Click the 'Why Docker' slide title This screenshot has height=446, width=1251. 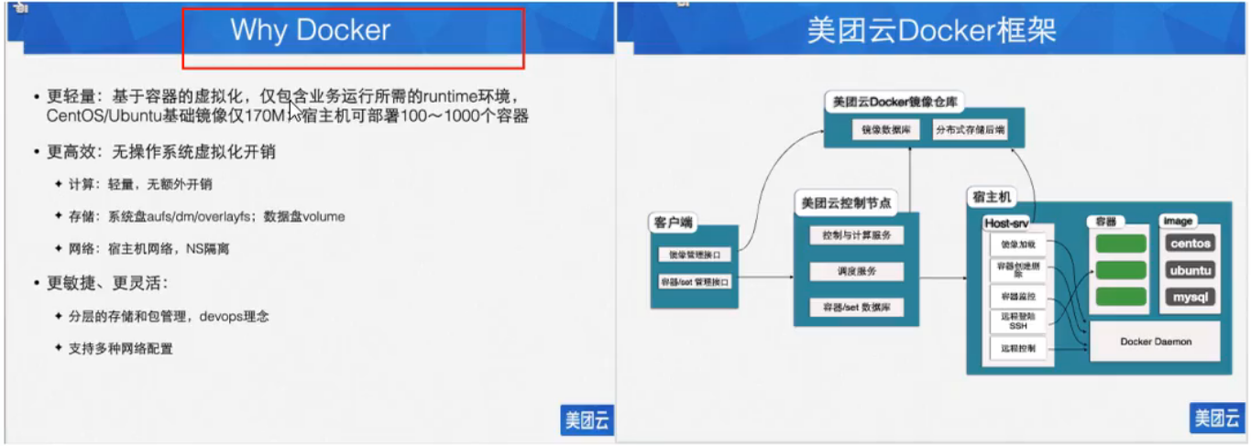[x=310, y=30]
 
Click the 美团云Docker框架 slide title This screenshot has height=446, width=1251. [x=931, y=30]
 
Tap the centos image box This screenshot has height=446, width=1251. [x=1191, y=244]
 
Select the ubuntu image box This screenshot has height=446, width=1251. [x=1191, y=270]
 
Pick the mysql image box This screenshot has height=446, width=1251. [x=1191, y=297]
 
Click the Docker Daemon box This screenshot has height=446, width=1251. [x=1156, y=342]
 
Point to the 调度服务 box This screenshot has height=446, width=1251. [x=856, y=272]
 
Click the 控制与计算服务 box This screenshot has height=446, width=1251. [x=856, y=235]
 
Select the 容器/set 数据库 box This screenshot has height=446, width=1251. [x=856, y=308]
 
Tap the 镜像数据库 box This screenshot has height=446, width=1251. [x=885, y=130]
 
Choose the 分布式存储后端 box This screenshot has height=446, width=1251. [x=969, y=130]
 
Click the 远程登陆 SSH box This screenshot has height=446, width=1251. [x=1017, y=321]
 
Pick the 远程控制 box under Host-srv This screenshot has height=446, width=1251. [x=1017, y=349]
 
